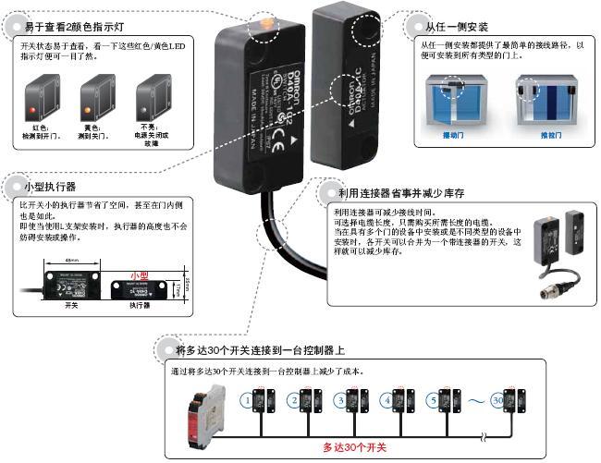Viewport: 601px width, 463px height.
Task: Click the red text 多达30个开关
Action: pyautogui.click(x=357, y=447)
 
